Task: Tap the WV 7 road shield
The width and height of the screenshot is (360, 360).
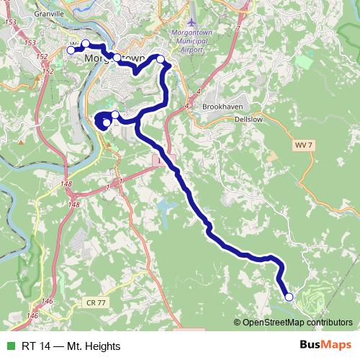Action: click(303, 145)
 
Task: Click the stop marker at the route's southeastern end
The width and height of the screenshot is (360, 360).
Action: click(289, 297)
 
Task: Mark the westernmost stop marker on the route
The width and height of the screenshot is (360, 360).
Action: click(71, 50)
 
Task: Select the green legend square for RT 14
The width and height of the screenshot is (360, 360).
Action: click(10, 346)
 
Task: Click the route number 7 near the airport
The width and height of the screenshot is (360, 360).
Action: click(238, 27)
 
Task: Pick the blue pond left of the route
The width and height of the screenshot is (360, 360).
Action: click(165, 210)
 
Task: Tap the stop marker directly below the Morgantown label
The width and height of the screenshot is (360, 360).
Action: click(117, 57)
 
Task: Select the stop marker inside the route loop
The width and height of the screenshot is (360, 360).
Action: click(107, 122)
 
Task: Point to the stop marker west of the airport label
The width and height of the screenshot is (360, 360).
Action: click(160, 59)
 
